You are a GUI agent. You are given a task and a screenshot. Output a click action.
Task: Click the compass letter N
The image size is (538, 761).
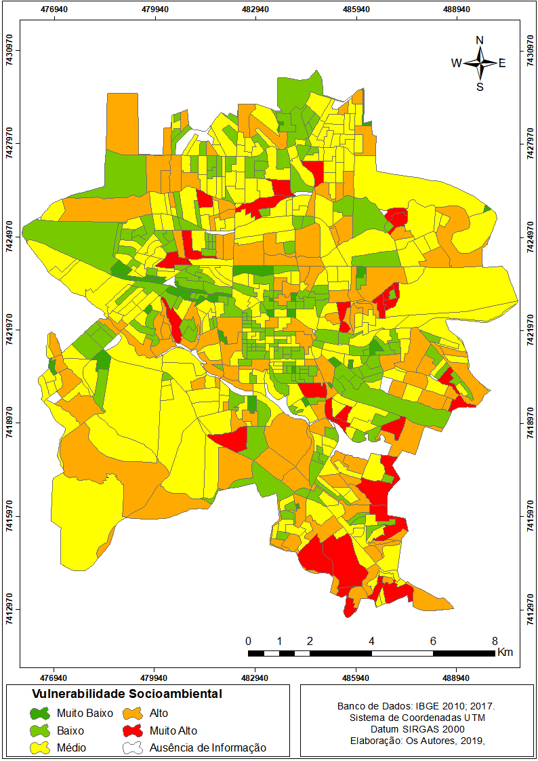(480, 40)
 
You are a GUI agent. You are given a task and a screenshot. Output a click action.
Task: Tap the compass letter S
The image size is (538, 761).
(480, 87)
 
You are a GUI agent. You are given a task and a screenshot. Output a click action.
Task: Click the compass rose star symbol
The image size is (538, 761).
(480, 63)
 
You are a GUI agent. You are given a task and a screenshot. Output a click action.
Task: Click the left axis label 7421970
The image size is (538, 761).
(9, 330)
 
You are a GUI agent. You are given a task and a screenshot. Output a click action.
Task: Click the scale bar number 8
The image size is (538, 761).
(495, 641)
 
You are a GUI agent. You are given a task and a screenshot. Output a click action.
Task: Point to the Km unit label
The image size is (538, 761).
(505, 652)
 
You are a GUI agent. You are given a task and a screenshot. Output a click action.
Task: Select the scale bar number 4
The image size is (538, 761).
(371, 641)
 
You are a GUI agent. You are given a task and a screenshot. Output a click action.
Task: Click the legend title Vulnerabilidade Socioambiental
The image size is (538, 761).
(127, 695)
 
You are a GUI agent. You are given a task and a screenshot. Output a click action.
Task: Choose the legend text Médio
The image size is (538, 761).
(71, 748)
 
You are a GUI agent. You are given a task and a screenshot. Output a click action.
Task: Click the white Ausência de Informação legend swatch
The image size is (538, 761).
(132, 748)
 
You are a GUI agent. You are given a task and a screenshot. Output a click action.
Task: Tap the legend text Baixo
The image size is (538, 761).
(70, 731)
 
